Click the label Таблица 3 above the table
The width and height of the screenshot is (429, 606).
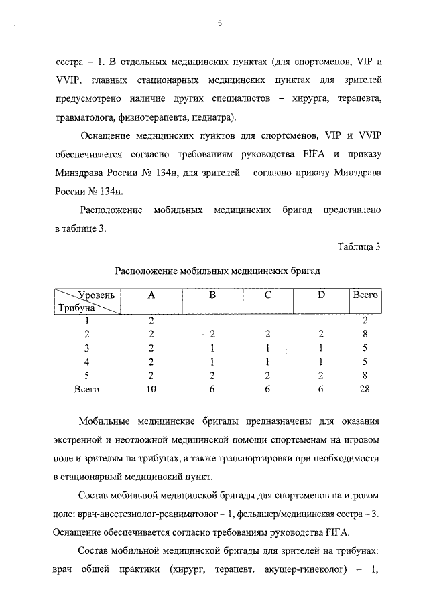click(x=359, y=246)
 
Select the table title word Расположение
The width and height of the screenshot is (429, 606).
click(x=147, y=272)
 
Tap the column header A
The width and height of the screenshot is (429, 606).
click(x=151, y=295)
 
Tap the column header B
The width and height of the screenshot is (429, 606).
click(x=212, y=295)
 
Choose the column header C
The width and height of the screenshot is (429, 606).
click(x=267, y=295)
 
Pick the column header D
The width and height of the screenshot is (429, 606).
click(x=321, y=295)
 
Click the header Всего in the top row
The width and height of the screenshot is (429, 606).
click(x=365, y=295)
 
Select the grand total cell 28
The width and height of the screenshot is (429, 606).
click(x=365, y=388)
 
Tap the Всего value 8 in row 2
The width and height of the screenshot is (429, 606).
click(x=365, y=334)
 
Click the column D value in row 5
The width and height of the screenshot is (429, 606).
click(x=321, y=375)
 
